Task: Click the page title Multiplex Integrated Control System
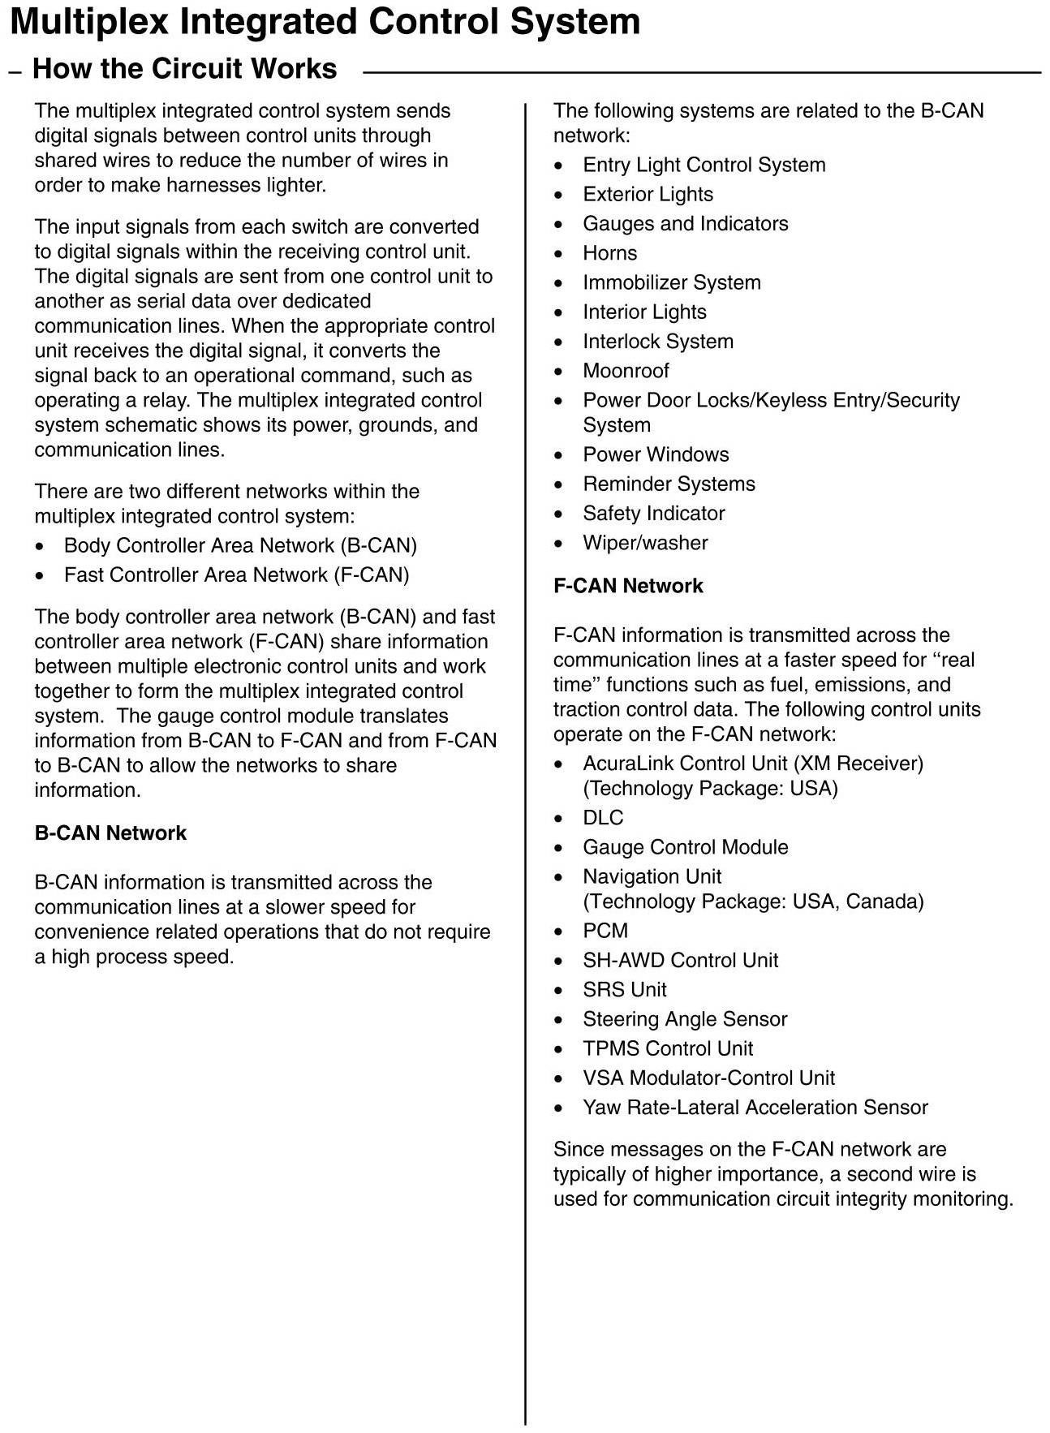click(325, 22)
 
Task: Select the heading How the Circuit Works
click(184, 69)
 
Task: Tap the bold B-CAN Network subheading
click(110, 833)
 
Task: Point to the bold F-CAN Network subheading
click(628, 586)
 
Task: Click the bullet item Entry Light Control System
click(704, 165)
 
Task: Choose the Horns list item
click(609, 253)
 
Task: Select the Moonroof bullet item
click(626, 371)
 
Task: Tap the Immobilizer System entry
click(671, 282)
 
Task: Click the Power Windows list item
click(656, 454)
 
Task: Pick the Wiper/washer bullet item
click(645, 543)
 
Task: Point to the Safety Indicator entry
click(653, 514)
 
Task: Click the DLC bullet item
click(603, 818)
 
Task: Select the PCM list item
click(605, 931)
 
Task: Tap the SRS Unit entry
click(624, 990)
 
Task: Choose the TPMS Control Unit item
click(667, 1048)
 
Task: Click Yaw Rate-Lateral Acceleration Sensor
click(755, 1108)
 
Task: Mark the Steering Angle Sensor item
click(685, 1019)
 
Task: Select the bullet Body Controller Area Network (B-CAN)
click(240, 545)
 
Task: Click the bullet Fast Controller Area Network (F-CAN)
click(236, 575)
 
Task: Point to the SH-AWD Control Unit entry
click(680, 961)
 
